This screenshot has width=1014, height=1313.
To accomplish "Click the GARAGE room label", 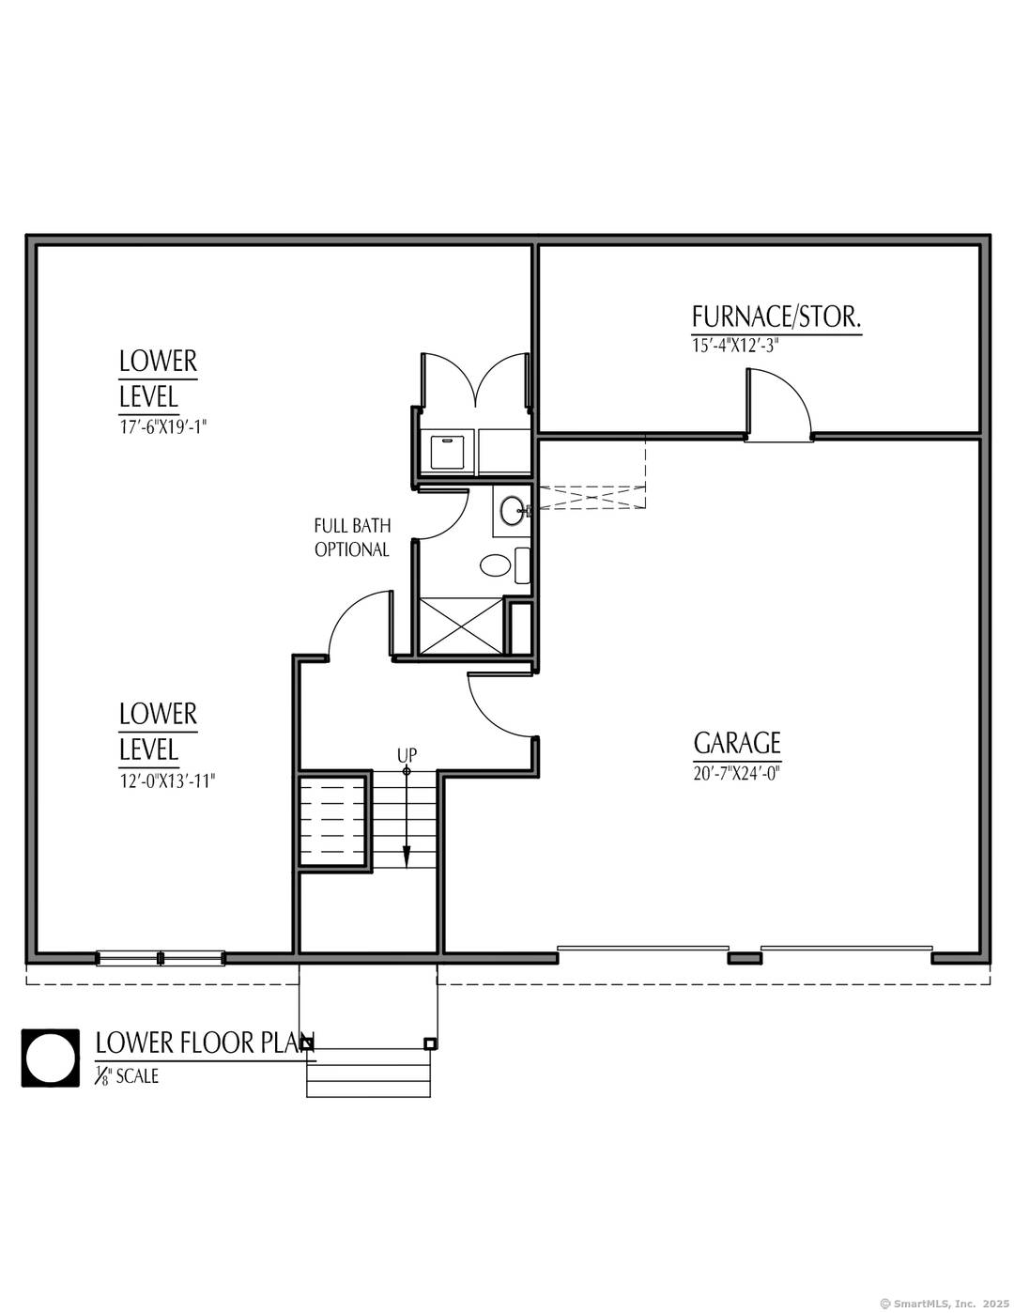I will coord(737,743).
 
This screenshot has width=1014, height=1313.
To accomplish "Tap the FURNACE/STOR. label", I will coord(776,317).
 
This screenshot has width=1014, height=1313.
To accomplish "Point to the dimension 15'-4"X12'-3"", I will coord(735,346).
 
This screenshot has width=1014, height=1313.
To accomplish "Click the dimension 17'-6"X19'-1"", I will coord(162,426).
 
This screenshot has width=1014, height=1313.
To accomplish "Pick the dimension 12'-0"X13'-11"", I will coord(166,780).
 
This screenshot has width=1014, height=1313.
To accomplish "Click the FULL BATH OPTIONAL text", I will coord(352,537).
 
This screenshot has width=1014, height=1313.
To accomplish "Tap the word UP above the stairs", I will coord(407,755).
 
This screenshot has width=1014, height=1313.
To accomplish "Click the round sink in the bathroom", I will coord(513,511).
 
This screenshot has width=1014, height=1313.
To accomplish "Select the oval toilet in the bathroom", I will coord(496,564).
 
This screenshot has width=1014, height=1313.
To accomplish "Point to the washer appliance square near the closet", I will coord(447,451).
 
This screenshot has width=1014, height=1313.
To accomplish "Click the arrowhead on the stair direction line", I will coord(407,857).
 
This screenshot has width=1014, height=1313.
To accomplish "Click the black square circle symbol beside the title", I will coord(51,1058).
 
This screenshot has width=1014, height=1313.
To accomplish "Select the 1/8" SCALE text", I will coord(127,1076).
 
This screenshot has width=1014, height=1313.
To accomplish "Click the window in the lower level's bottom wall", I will coord(161,958).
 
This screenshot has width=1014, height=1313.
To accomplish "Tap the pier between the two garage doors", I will coord(745,958).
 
